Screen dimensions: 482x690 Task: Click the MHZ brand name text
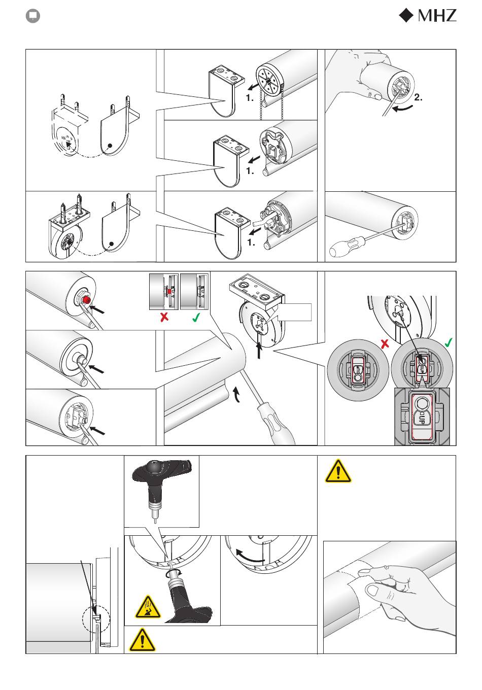437,15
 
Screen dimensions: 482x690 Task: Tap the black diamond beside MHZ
406,15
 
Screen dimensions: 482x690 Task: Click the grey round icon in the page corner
33,16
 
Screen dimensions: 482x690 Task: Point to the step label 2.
418,97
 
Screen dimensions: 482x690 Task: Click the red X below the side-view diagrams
164,317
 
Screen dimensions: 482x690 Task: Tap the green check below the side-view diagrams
196,317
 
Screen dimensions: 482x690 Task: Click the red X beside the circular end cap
385,344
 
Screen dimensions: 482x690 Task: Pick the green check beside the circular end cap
449,342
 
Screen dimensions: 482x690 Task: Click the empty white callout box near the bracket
295,312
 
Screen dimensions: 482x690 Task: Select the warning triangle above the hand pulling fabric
338,471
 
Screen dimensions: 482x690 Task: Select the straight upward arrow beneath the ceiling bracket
259,351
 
